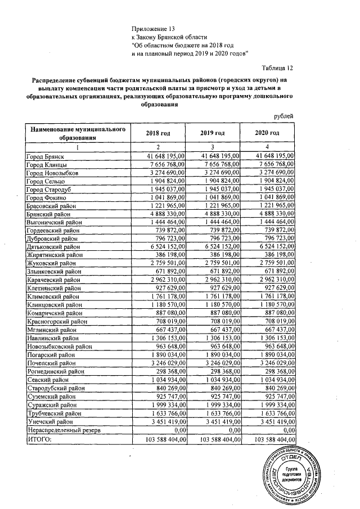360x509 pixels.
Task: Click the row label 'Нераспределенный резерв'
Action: point(64,429)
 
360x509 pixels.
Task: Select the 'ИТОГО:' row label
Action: point(39,438)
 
